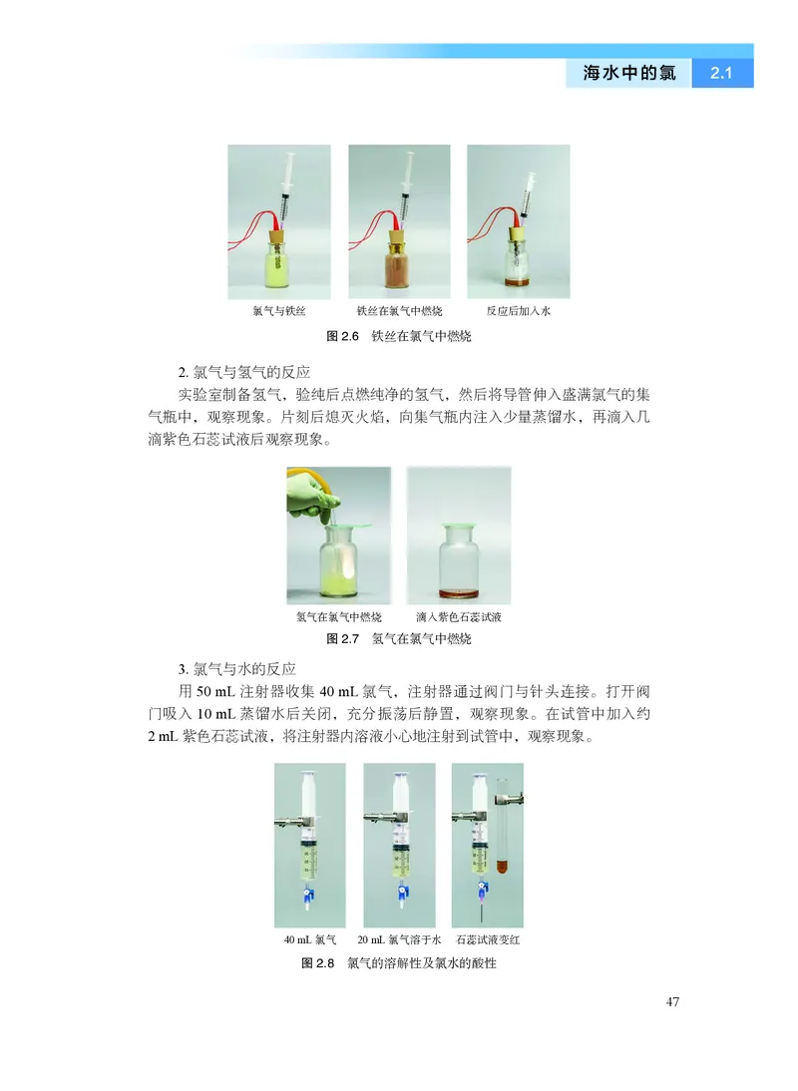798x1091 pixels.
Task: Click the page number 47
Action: [672, 1002]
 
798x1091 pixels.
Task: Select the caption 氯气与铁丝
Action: [279, 311]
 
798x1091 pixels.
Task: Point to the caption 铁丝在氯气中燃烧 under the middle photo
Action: [399, 311]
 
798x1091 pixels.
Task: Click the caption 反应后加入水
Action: [519, 311]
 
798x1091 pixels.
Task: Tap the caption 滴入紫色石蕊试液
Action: [459, 617]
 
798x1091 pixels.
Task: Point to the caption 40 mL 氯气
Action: [310, 939]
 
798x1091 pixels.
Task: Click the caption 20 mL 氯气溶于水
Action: [399, 939]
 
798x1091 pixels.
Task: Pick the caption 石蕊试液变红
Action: [488, 939]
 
